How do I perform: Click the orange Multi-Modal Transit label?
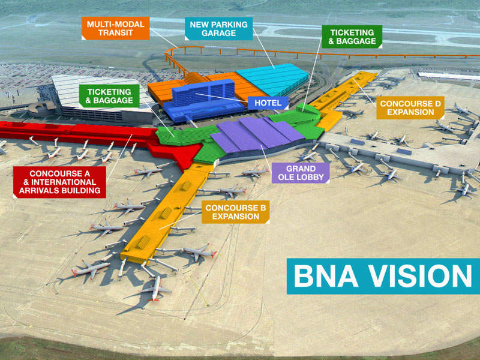115,28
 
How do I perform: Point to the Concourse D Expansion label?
410,108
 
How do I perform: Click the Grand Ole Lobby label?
301,173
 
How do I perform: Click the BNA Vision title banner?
382,276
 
